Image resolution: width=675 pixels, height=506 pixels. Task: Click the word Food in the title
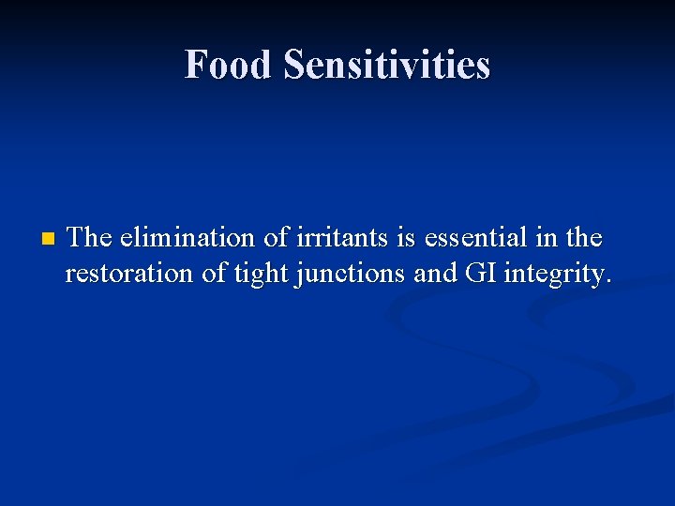pyautogui.click(x=229, y=65)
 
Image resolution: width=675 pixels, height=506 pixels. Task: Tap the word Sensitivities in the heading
pyautogui.click(x=386, y=65)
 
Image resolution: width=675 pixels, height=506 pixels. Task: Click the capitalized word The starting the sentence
pyautogui.click(x=90, y=237)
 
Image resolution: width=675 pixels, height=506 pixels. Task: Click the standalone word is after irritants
pyautogui.click(x=406, y=237)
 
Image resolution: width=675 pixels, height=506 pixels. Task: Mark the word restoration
pyautogui.click(x=129, y=275)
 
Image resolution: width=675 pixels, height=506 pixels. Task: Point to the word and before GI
pyautogui.click(x=432, y=275)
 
